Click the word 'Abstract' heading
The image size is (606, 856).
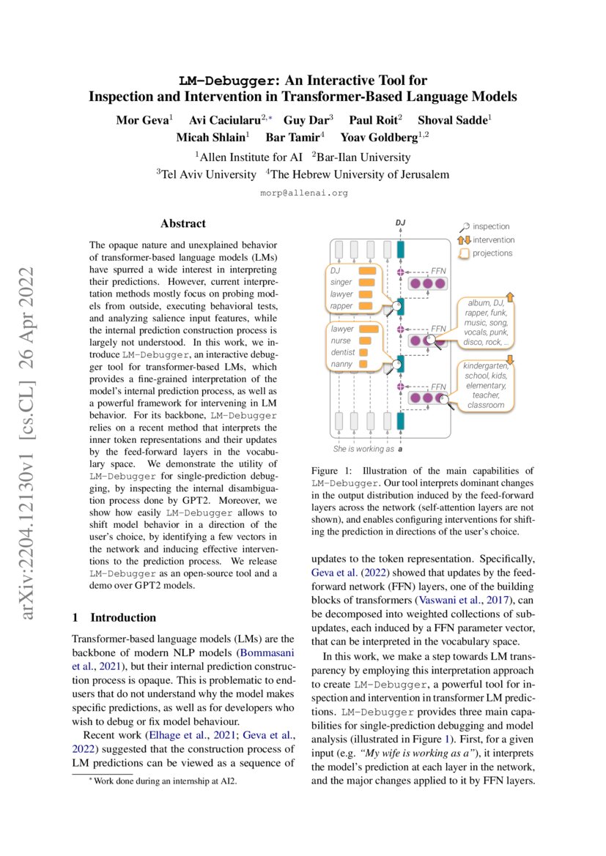coord(182,223)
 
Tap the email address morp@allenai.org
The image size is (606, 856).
coord(303,193)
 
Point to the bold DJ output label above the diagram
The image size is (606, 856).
coord(400,223)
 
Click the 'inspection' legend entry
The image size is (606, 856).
coord(491,226)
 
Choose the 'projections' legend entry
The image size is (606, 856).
coord(492,253)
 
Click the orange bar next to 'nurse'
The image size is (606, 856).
coord(364,340)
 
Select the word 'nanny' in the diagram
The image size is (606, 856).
coord(341,364)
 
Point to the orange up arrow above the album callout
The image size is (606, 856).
coord(510,295)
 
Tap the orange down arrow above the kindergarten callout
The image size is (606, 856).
coord(510,357)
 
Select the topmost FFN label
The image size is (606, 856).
coord(438,270)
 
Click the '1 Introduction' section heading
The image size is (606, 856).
coord(114,617)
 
